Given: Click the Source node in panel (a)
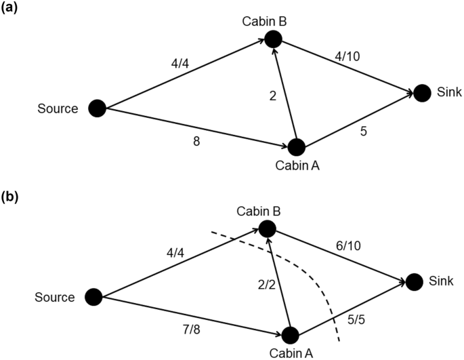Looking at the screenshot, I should coord(98,108).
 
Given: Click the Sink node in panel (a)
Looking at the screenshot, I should coord(422,93).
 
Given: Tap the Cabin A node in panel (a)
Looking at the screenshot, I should coord(296,146).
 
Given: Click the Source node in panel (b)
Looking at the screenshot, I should coord(93,296).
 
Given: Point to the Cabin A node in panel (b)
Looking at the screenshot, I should coord(291,335).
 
